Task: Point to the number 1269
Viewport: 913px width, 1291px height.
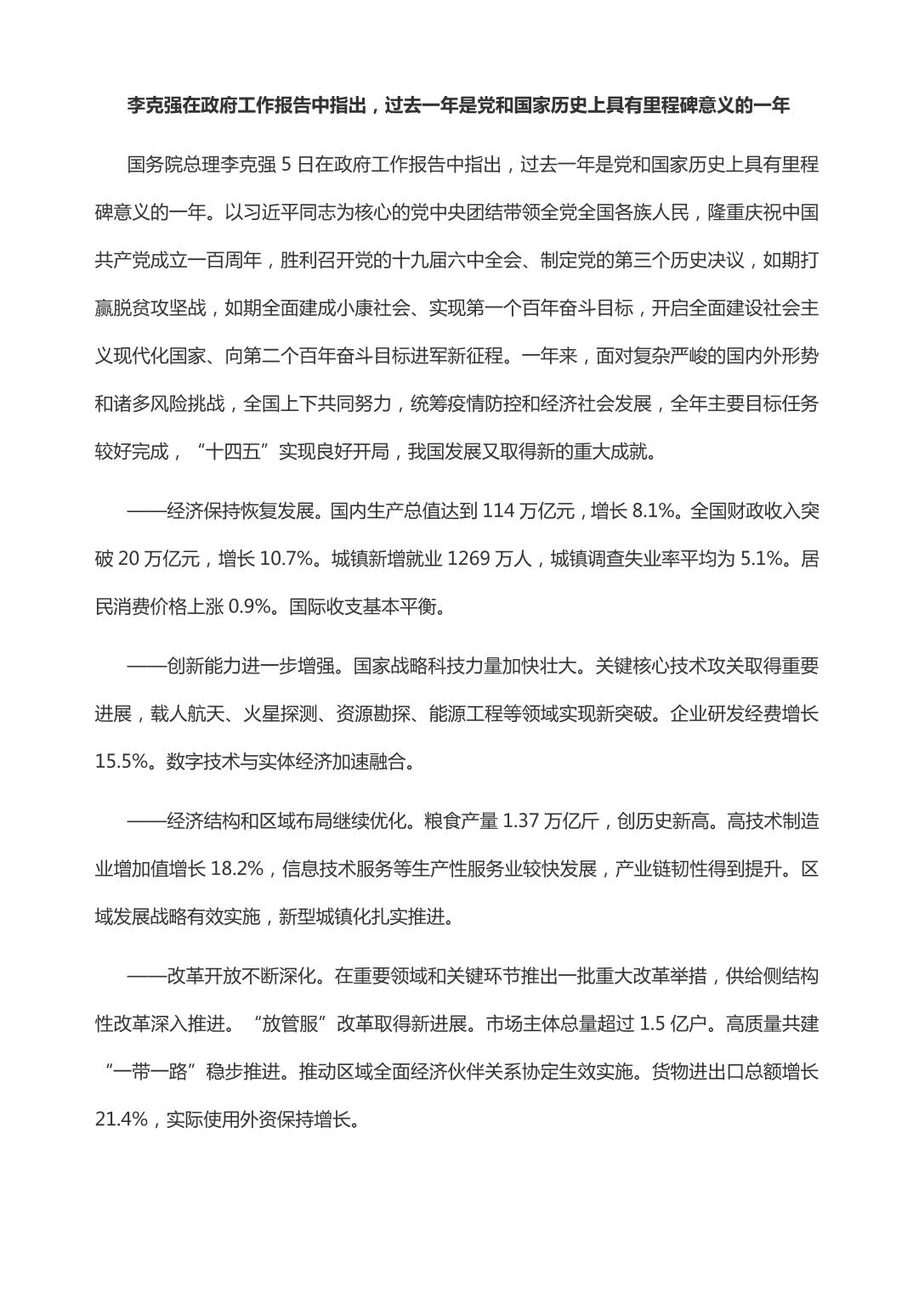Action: [469, 559]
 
